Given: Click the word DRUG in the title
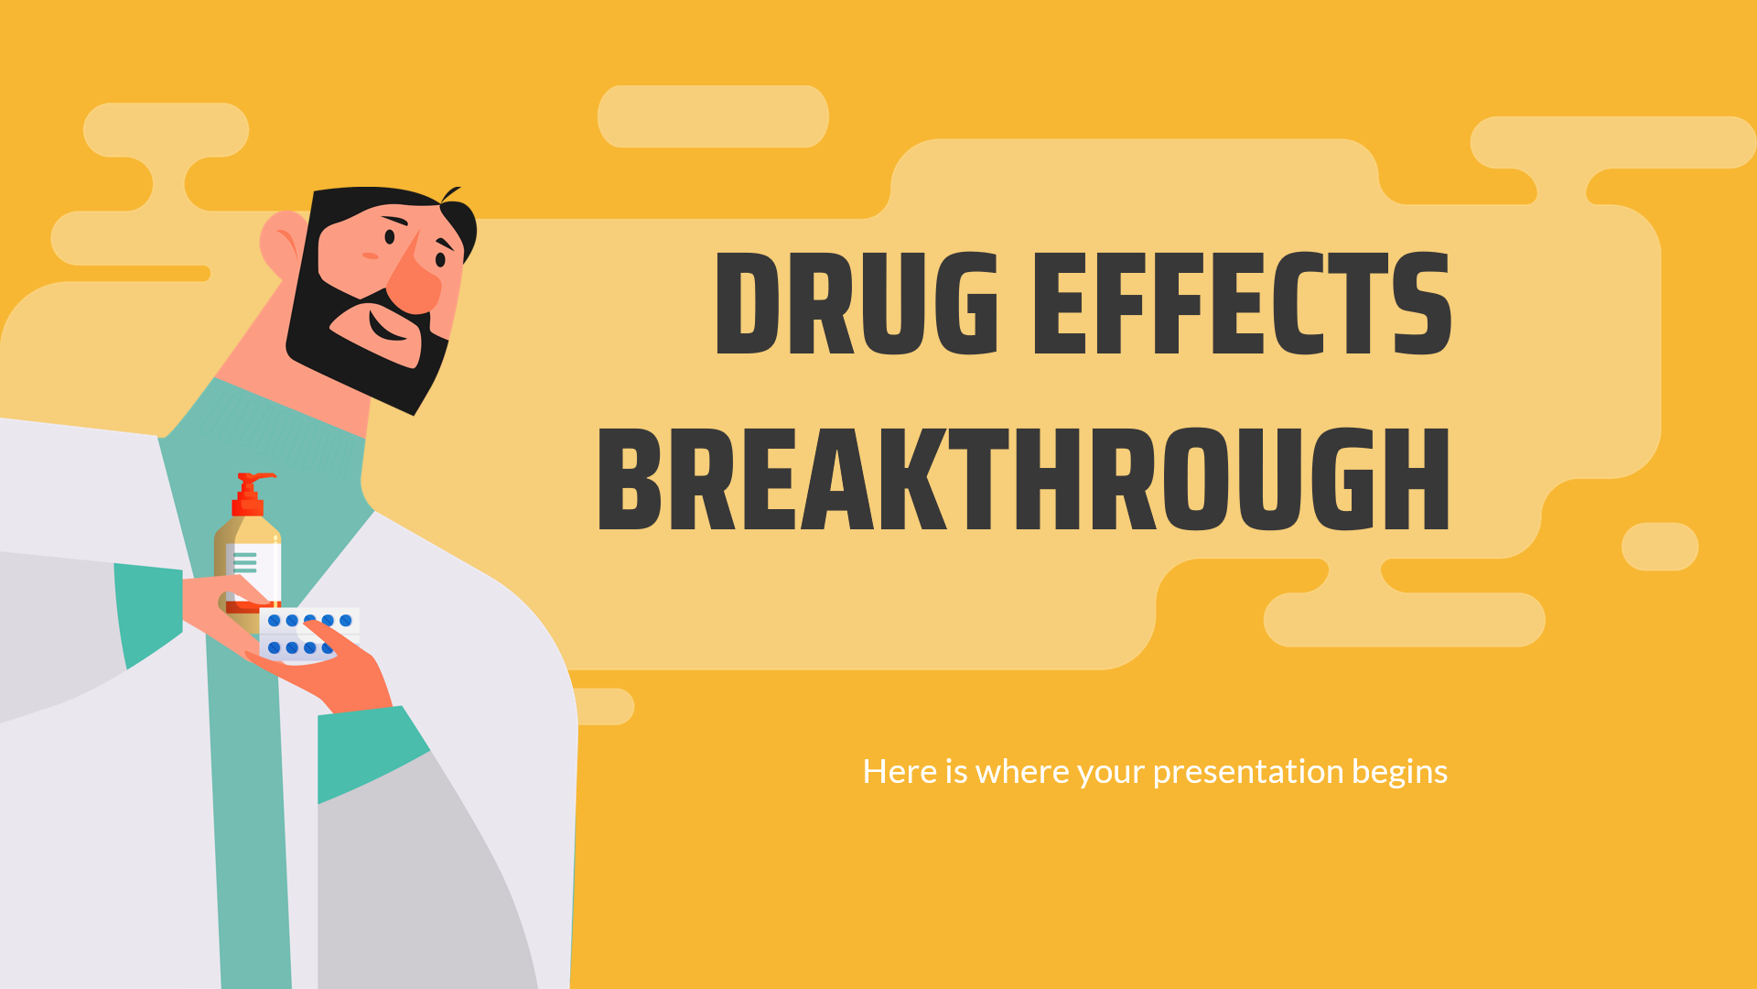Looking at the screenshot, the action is point(857,303).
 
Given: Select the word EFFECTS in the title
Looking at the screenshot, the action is point(1242,303).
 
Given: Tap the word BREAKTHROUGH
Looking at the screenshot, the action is point(1024,479).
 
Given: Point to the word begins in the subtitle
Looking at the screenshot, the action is point(1400,773).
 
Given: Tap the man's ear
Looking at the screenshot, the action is point(283,244).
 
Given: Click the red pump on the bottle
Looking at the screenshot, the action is point(252,494).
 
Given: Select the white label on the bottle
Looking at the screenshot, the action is point(253,572).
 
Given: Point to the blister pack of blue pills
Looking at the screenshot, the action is point(309,634).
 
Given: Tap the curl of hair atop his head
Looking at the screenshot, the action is point(450,194).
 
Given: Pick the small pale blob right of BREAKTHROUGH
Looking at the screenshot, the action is point(1660,547).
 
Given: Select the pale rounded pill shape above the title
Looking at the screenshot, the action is point(713,116).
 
